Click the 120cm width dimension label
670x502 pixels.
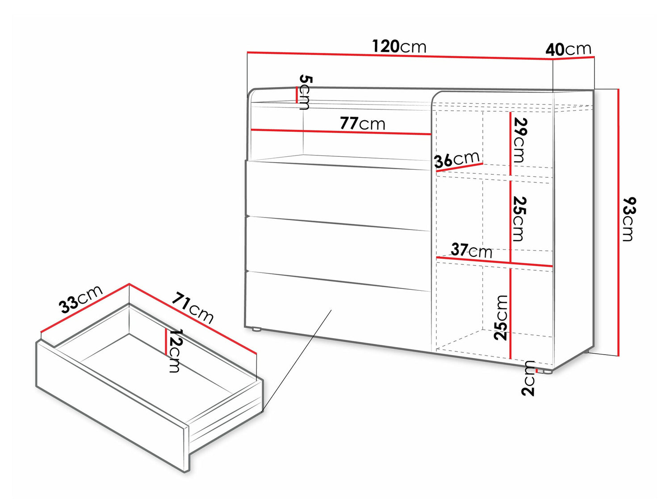click(399, 47)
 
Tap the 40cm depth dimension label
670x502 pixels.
click(568, 50)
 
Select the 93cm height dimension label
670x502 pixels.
click(629, 219)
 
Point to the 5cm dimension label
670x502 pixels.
click(305, 92)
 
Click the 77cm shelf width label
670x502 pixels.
click(363, 124)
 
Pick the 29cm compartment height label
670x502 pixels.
click(519, 140)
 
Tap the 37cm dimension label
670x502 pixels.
click(472, 251)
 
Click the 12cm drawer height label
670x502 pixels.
click(175, 351)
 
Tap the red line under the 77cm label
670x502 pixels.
click(341, 132)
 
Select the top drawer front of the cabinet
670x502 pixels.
click(338, 195)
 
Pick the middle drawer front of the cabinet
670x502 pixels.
click(338, 253)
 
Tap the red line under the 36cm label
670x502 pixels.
click(459, 167)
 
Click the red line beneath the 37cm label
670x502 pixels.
click(494, 262)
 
